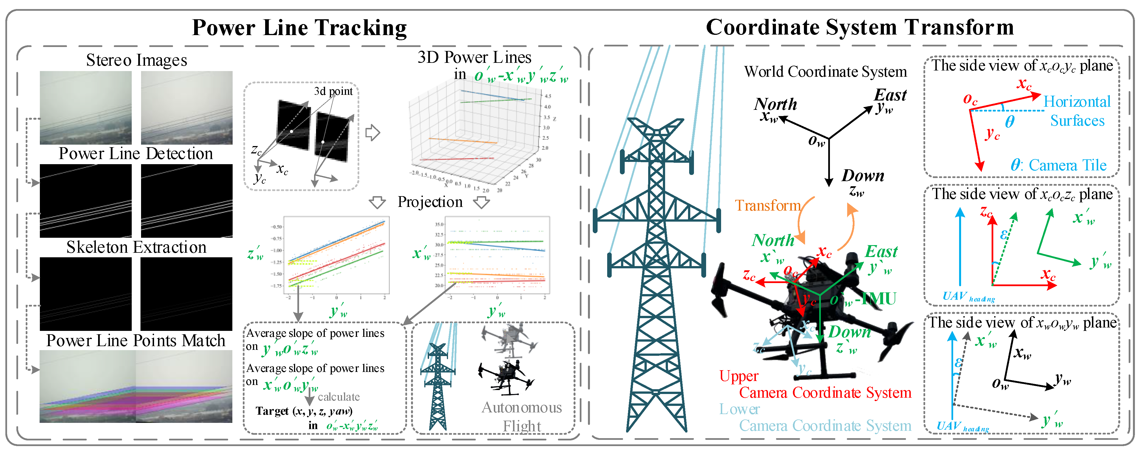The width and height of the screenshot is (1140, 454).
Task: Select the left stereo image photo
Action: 85,108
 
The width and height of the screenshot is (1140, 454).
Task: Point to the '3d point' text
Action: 333,91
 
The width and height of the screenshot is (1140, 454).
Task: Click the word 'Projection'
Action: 430,202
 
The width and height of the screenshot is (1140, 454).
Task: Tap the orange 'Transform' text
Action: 767,205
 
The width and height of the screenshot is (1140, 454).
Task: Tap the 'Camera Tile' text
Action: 1067,165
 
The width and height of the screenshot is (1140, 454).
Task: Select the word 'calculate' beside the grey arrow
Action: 339,397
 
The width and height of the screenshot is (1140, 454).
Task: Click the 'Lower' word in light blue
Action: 739,409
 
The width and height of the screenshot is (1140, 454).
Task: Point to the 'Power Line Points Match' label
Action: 136,341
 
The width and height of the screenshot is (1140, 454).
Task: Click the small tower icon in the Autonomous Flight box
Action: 438,385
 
